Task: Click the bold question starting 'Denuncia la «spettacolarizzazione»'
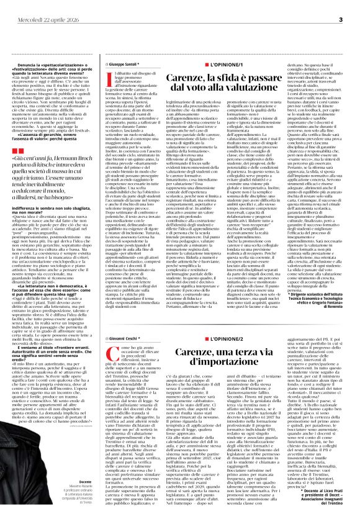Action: pos(56,66)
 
